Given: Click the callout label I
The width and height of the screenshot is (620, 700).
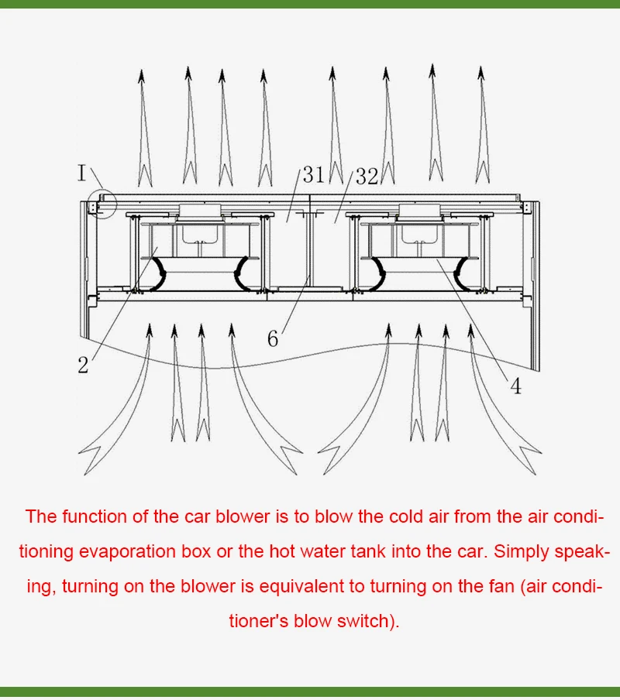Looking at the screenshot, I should (x=82, y=172).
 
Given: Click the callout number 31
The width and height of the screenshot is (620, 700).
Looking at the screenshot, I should (x=313, y=175).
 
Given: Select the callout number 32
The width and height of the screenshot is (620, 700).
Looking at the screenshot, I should (x=367, y=177).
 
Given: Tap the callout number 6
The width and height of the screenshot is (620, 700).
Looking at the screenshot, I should (x=273, y=339).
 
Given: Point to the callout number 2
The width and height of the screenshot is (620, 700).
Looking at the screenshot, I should (x=83, y=365).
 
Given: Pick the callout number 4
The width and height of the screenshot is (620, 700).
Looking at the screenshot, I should (x=515, y=386).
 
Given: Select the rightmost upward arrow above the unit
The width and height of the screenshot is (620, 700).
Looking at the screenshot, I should (x=481, y=124).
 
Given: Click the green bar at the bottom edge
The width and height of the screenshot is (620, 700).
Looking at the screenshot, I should (x=310, y=691).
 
